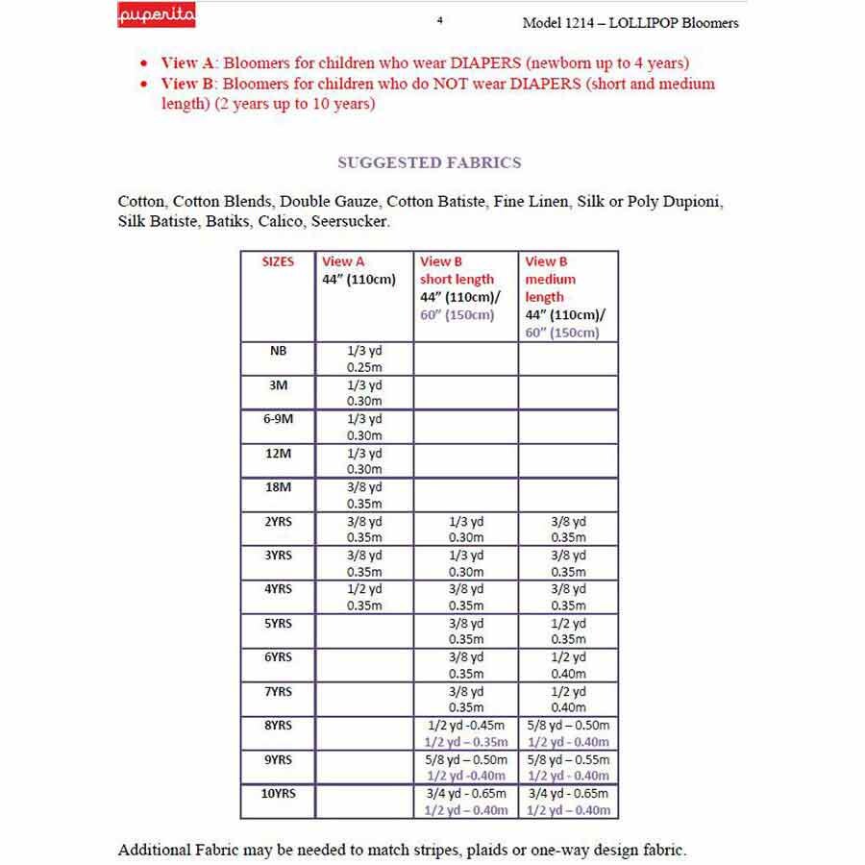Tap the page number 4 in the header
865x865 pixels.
pos(439,20)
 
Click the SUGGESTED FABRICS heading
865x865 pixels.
pos(429,162)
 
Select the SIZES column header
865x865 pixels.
pos(278,261)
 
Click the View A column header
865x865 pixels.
pos(343,261)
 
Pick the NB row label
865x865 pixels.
pos(278,352)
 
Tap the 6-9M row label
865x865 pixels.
pos(278,420)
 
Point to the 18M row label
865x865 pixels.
pos(278,487)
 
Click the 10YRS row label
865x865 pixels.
pos(278,794)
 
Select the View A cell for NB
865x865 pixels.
pos(364,359)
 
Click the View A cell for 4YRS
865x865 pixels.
pos(364,597)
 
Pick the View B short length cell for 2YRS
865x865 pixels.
pos(466,530)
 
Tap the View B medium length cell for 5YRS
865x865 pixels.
pos(568,630)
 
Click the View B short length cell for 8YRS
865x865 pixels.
pos(466,733)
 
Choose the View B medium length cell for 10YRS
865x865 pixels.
pos(569,802)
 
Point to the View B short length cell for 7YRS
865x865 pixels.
pos(466,699)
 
